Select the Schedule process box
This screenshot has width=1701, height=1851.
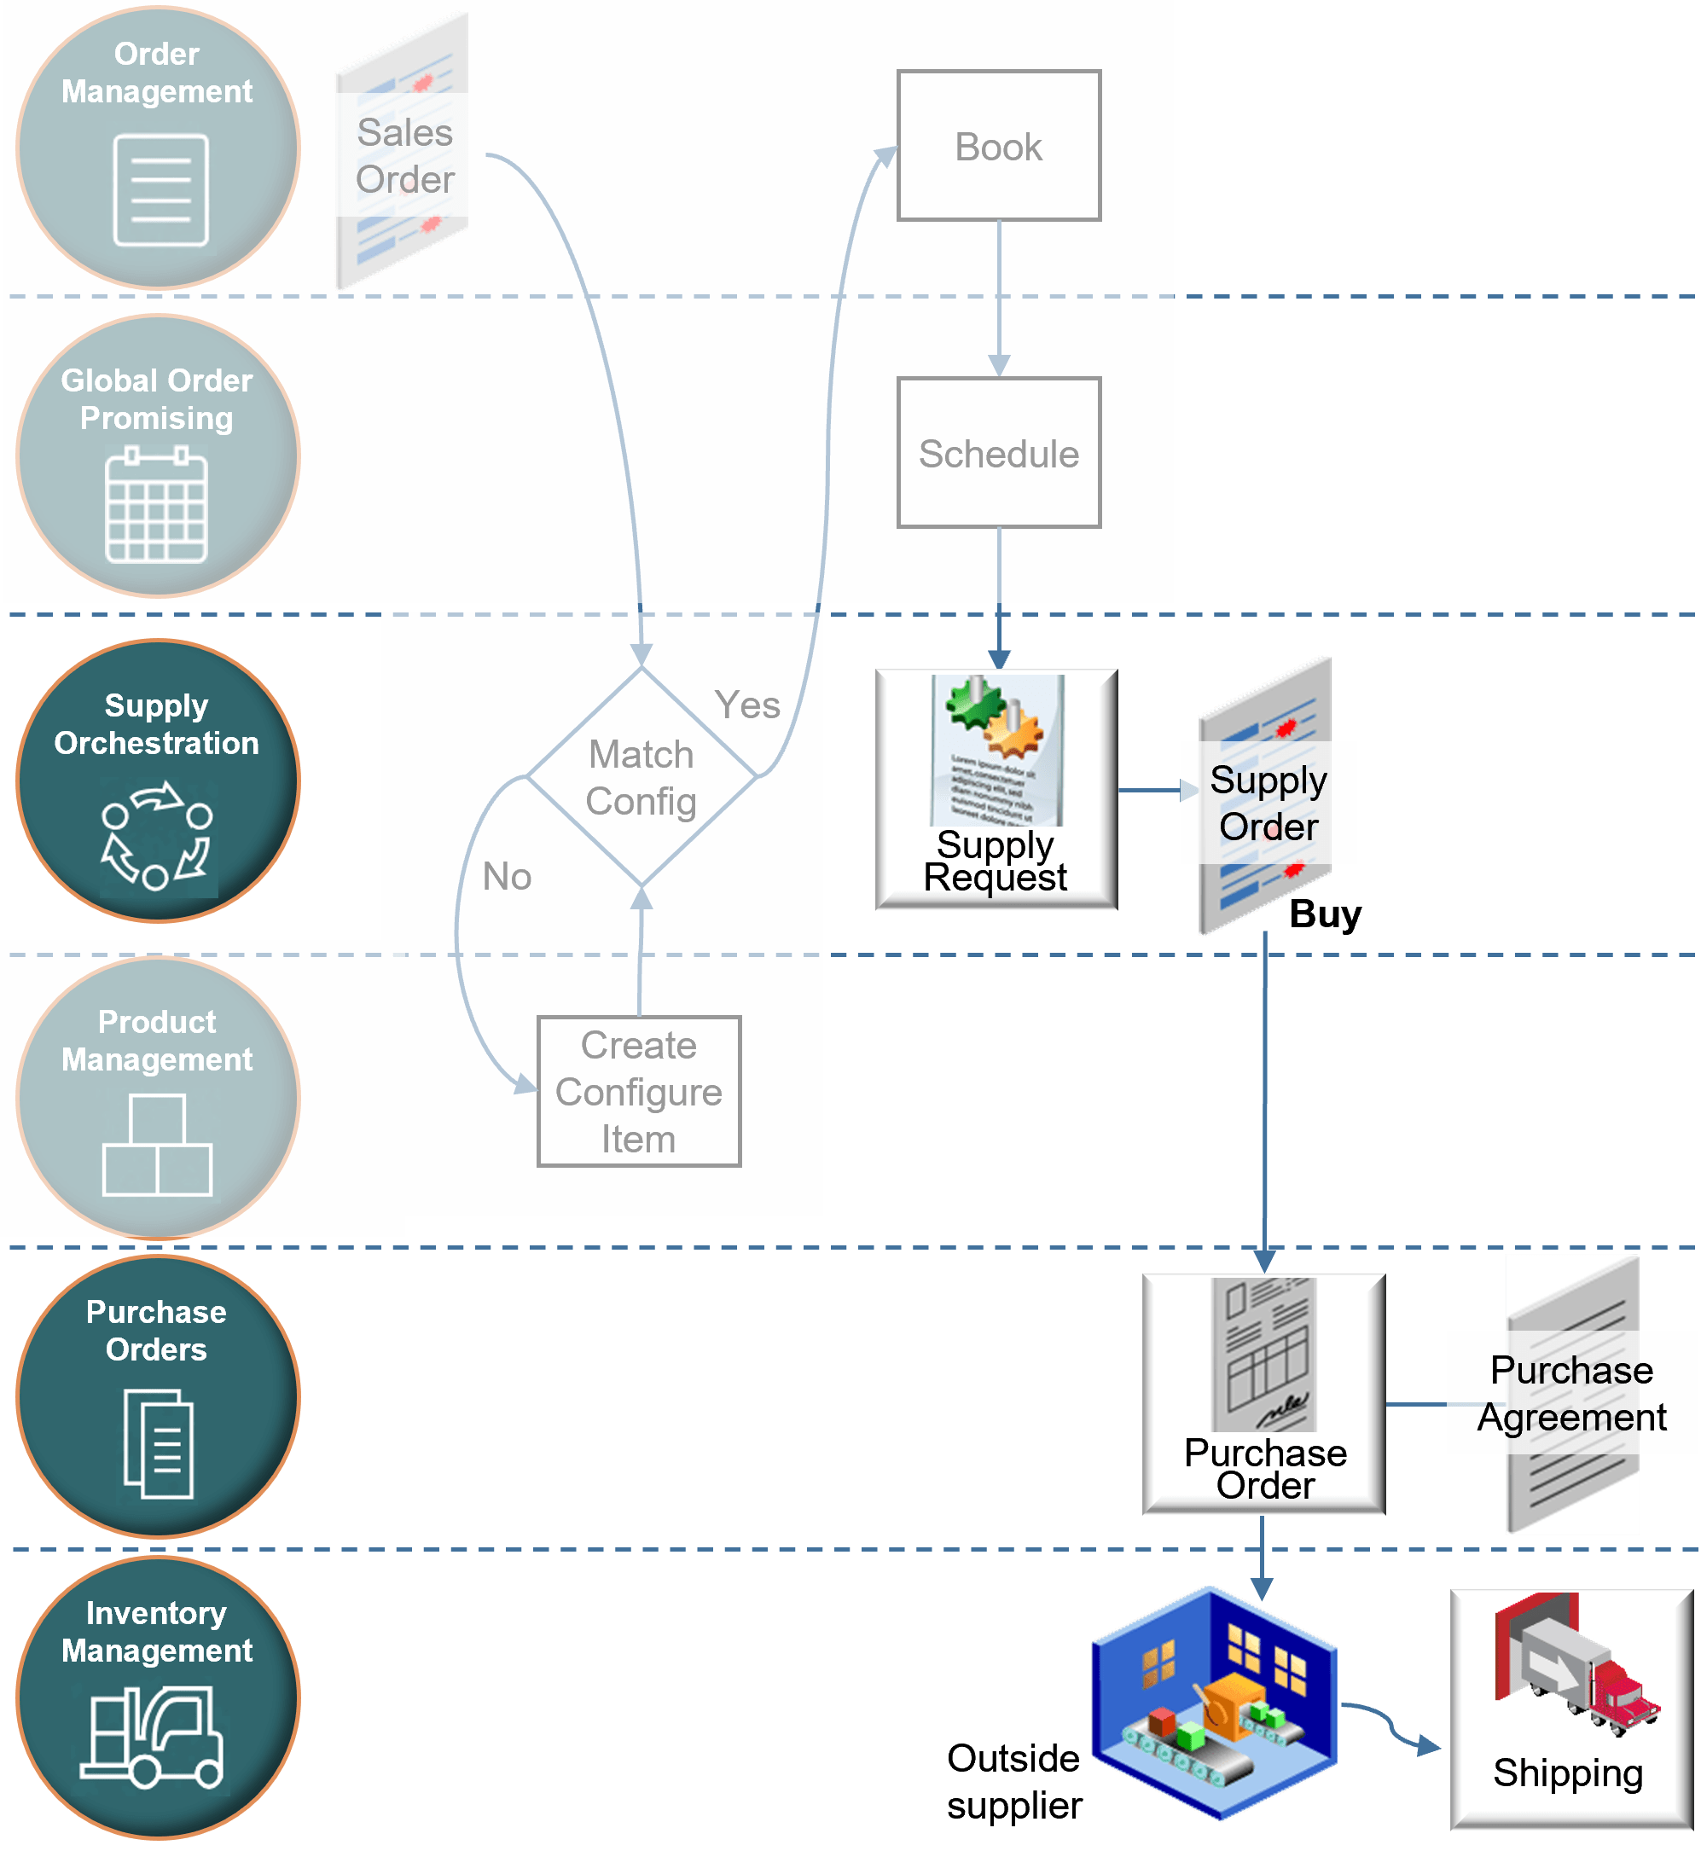[999, 453]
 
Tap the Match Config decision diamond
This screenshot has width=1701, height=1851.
[641, 777]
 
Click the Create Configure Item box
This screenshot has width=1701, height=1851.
[639, 1092]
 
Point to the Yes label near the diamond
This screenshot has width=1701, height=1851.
[746, 705]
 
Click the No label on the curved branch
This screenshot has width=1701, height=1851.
[508, 876]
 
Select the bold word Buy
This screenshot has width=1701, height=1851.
[1325, 914]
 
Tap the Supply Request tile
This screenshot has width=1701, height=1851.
[996, 790]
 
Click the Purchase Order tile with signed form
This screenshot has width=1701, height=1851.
[1263, 1394]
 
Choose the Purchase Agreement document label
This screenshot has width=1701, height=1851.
[1571, 1393]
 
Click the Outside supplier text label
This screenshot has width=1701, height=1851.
[1014, 1782]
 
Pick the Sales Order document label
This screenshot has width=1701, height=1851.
[404, 154]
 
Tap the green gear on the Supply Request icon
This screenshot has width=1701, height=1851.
[975, 703]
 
